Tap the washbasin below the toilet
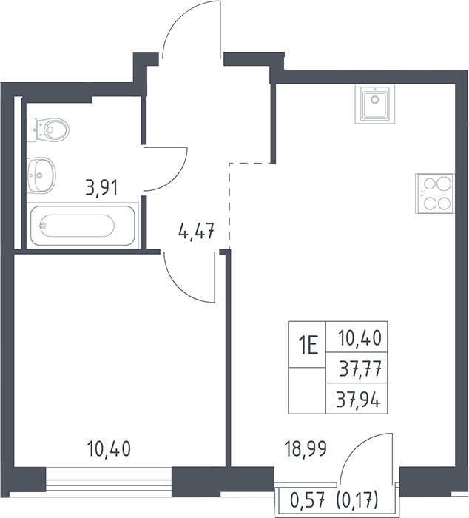click(x=41, y=175)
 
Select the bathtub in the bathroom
click(x=83, y=226)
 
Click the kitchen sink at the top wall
click(x=375, y=104)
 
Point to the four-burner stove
click(x=435, y=193)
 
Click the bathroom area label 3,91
click(x=102, y=188)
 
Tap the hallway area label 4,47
click(x=197, y=231)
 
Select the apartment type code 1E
click(x=308, y=345)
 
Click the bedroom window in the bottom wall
click(x=109, y=477)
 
